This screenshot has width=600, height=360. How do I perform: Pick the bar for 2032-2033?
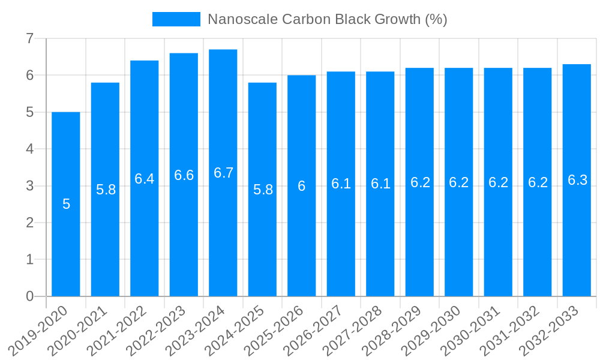click(577, 240)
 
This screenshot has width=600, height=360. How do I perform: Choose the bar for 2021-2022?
click(145, 240)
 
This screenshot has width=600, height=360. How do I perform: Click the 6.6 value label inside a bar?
click(184, 175)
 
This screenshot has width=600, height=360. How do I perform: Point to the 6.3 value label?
click(577, 180)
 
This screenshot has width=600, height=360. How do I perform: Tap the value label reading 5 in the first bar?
click(66, 204)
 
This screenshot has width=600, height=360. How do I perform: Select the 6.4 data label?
click(145, 178)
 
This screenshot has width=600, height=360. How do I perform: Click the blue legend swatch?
click(176, 19)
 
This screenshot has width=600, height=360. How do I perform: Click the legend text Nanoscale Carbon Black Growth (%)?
click(327, 19)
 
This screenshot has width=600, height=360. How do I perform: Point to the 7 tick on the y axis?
click(29, 39)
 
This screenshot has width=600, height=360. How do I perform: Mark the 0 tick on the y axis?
click(29, 296)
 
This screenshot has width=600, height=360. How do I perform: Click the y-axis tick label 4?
click(29, 149)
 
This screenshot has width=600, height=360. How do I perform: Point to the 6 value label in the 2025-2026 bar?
click(302, 186)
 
